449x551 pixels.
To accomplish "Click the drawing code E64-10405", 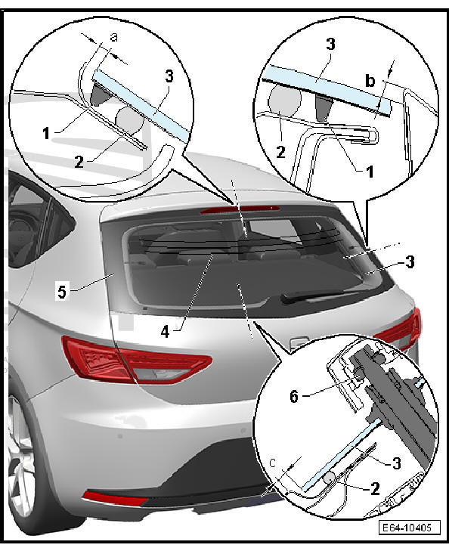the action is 410,528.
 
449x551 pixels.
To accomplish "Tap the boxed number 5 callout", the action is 62,292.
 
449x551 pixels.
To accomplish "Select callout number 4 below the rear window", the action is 165,331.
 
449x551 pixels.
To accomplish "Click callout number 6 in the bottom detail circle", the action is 294,396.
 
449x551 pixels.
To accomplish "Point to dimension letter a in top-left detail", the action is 113,37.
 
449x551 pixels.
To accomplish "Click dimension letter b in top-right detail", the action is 370,81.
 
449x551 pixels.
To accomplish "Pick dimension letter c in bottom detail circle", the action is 273,463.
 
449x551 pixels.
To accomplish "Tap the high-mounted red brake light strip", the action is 240,210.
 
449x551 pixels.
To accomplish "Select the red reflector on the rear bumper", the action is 114,499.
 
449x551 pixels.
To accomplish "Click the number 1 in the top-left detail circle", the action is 46,134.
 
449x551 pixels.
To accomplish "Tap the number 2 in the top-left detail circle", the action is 79,162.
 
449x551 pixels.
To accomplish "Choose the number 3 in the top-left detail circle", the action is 169,76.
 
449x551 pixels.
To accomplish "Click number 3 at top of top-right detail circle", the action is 330,44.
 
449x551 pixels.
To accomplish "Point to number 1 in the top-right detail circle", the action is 370,172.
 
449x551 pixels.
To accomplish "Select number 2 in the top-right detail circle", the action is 280,152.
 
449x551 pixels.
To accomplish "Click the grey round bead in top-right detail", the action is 284,101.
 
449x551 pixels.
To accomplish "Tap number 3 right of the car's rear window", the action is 410,262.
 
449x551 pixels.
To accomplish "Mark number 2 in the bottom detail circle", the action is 375,488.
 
